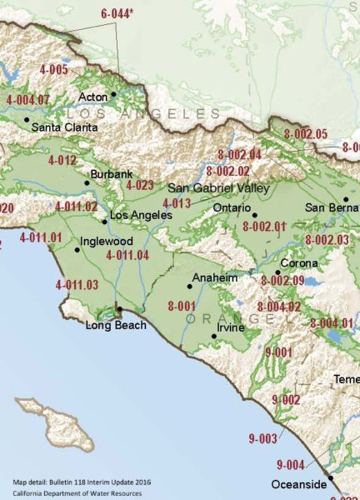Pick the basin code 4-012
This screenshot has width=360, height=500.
(62, 159)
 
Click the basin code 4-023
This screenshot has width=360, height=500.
(140, 185)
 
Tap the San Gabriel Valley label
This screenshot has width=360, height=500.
(218, 188)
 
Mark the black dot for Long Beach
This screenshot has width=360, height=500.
(119, 309)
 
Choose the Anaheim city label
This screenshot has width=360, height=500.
(215, 277)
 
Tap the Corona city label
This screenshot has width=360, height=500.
(299, 263)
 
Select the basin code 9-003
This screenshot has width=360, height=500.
(262, 437)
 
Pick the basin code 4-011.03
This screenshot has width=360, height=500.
(77, 285)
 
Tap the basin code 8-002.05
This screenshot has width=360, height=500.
(306, 133)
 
